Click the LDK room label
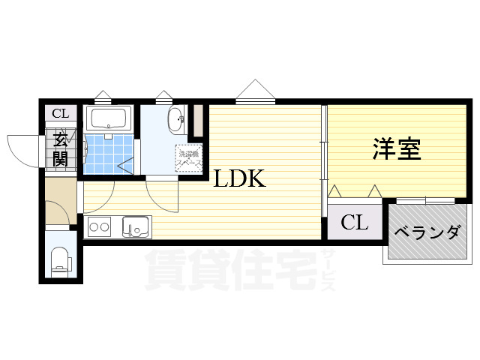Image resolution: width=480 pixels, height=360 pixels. point(239,179)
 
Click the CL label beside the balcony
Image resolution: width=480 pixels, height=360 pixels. point(354,223)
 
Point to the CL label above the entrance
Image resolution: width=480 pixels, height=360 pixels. point(60,114)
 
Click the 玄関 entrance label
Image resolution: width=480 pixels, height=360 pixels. point(60,148)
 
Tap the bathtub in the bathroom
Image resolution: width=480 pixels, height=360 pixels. point(109,118)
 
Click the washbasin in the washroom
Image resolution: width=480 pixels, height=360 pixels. point(175,118)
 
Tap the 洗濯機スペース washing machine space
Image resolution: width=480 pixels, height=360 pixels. point(188,158)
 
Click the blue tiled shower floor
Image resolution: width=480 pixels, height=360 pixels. point(108,154)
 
